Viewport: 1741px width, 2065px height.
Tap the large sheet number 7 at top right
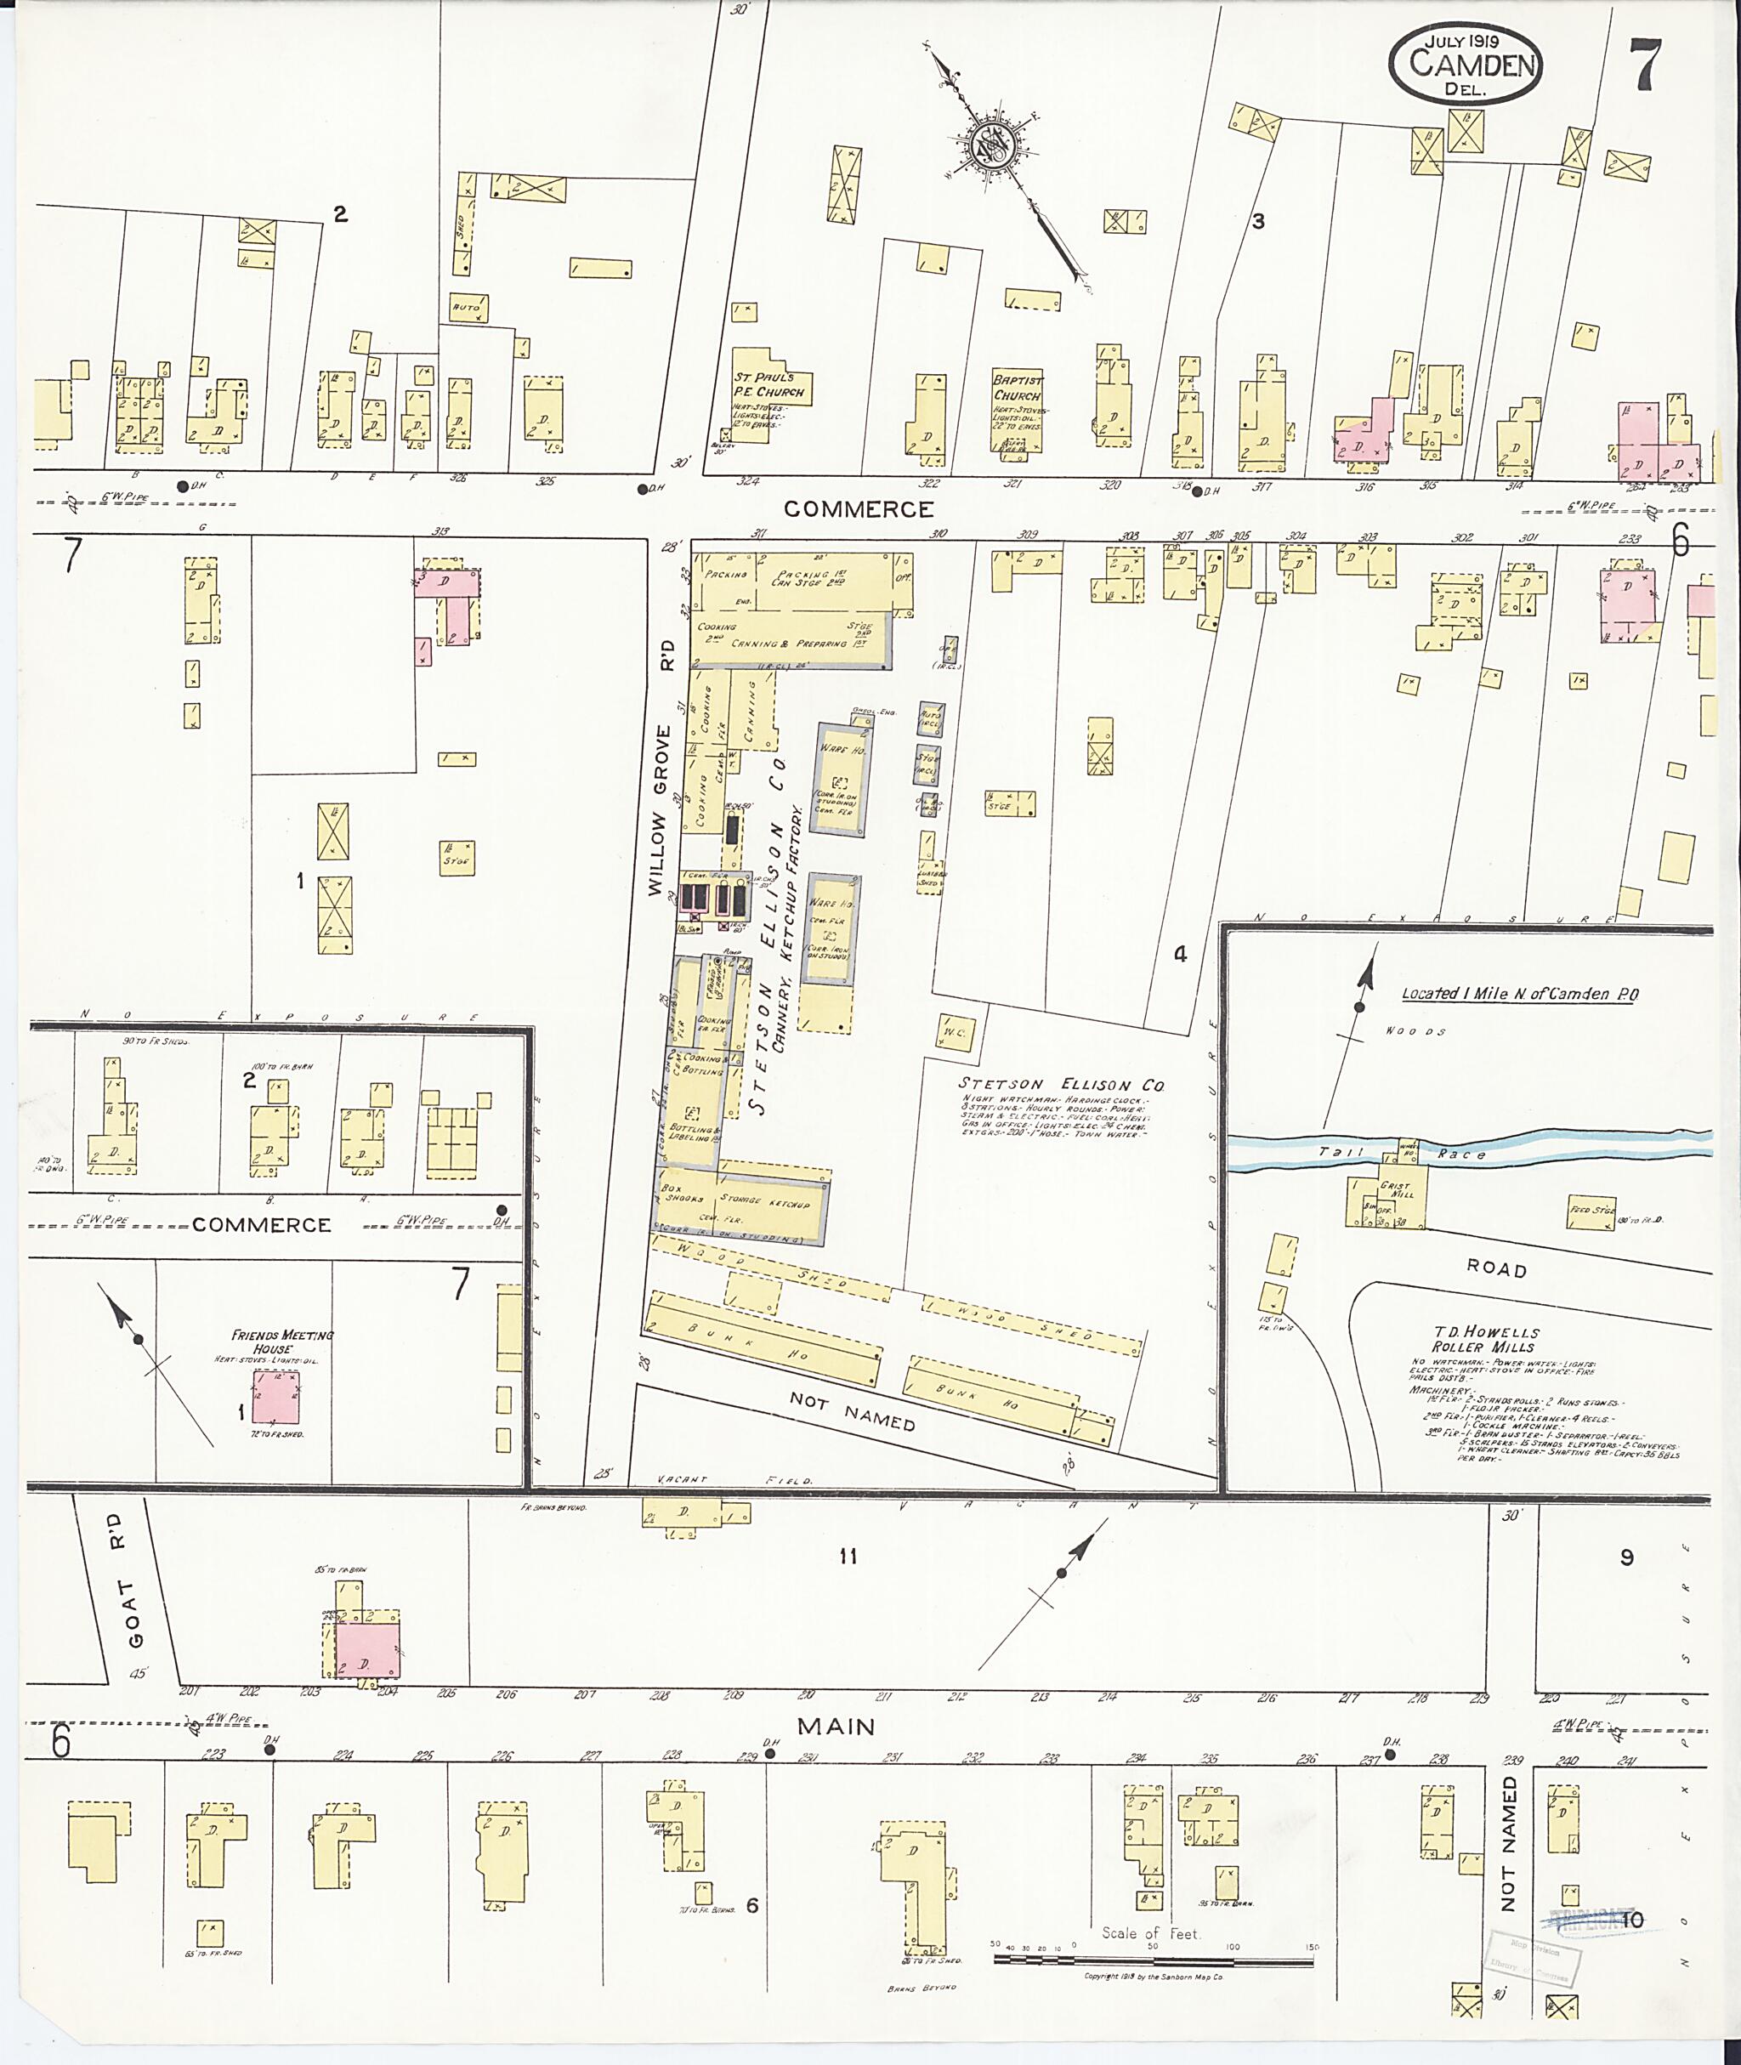[x=1645, y=65]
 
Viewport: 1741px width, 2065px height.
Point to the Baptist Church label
[x=1018, y=388]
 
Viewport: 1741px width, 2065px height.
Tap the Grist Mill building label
[x=1399, y=1189]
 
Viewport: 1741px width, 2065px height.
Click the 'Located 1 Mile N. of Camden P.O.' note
[x=1519, y=994]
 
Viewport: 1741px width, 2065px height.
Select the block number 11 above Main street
[x=847, y=1557]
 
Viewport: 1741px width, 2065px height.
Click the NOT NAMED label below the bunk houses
[x=852, y=1411]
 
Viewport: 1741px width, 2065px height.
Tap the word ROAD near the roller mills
[x=1496, y=1269]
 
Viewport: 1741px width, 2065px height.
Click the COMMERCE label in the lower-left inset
[x=261, y=1225]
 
